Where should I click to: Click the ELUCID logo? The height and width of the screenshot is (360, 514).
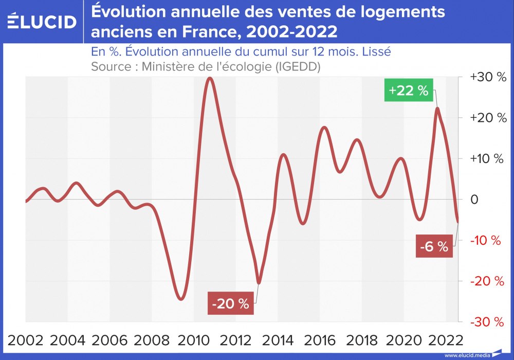coord(43,21)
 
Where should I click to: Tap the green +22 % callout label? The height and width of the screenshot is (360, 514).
coord(409,91)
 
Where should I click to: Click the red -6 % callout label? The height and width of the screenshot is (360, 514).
coord(434,246)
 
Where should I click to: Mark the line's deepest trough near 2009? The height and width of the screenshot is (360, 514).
coord(180,299)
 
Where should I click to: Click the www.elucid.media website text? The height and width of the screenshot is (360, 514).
coord(466,355)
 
